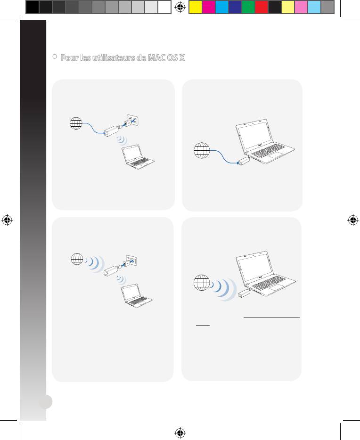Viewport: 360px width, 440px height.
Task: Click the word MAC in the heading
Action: tap(156, 57)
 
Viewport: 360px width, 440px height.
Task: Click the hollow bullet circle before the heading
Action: tap(55, 57)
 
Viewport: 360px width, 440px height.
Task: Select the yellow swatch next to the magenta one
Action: tap(195, 7)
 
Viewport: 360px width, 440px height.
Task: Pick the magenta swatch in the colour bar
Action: tap(208, 7)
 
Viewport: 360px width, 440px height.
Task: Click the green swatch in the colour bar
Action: tap(248, 7)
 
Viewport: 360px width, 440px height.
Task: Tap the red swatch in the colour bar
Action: tap(262, 7)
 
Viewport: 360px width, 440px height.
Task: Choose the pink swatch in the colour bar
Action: tap(301, 7)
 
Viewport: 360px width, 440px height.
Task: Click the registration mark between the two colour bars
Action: tap(180, 7)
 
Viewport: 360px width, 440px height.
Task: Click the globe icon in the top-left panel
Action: tap(76, 123)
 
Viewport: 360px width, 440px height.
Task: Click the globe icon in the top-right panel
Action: tap(202, 150)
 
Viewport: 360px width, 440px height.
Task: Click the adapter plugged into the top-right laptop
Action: tap(243, 162)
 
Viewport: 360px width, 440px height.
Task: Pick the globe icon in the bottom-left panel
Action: tap(77, 259)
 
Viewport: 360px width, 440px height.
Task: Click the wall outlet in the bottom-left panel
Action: tap(131, 260)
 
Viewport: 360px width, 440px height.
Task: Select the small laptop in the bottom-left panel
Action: tap(136, 295)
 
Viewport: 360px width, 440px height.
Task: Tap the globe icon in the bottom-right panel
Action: tap(202, 283)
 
